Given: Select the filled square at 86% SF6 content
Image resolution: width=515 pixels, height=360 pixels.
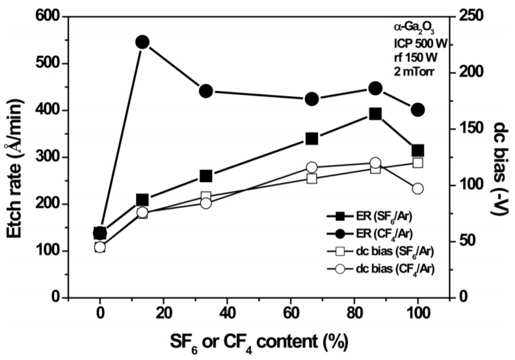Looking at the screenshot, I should pos(375,114).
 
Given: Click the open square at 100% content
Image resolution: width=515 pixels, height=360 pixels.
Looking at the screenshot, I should pos(417,162).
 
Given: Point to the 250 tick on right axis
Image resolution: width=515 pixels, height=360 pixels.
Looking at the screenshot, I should pos(475,16).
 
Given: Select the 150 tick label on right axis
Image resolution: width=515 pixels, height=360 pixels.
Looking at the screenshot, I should pos(475,129).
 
